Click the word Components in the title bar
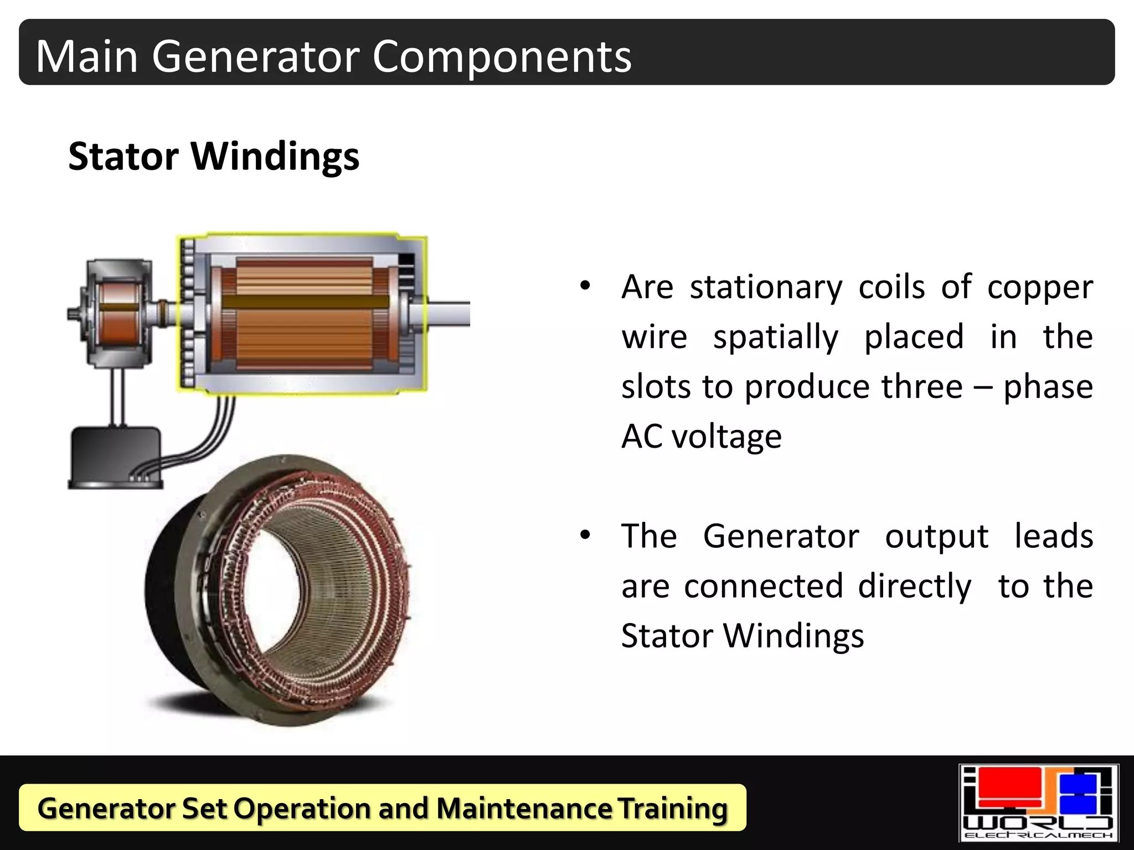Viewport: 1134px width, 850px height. pos(502,56)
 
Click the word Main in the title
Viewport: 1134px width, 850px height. pos(87,56)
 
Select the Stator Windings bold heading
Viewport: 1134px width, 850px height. pos(214,156)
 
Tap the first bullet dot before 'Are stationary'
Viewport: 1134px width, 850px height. pos(585,287)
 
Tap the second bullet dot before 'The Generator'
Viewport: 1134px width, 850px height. pos(585,536)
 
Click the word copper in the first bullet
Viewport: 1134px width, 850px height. pos(1040,288)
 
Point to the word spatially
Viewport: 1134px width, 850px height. pos(775,338)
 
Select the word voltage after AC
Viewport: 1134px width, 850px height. pos(726,437)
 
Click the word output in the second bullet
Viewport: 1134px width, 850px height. pos(936,537)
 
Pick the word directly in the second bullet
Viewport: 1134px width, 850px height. pos(914,587)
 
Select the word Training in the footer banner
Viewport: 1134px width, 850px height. pos(672,808)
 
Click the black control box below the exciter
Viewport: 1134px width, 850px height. pos(115,457)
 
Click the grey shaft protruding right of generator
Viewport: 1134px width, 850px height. pos(447,314)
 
